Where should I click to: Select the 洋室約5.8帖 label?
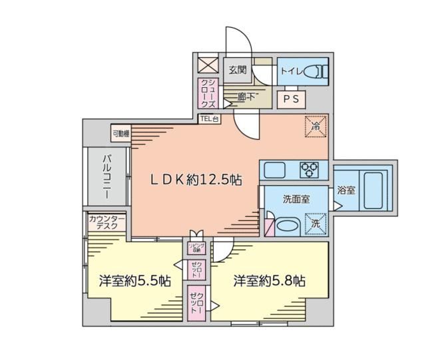pos(269,281)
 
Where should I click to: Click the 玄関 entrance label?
pos(238,69)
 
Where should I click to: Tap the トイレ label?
pos(292,69)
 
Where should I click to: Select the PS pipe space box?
pos(291,98)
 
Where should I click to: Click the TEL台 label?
pos(209,119)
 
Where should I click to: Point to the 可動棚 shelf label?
pos(120,134)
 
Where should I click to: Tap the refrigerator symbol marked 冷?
pos(316,126)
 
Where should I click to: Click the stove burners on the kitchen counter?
pos(310,169)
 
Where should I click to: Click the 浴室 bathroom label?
pos(345,190)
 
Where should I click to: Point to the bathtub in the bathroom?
pos(376,190)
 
